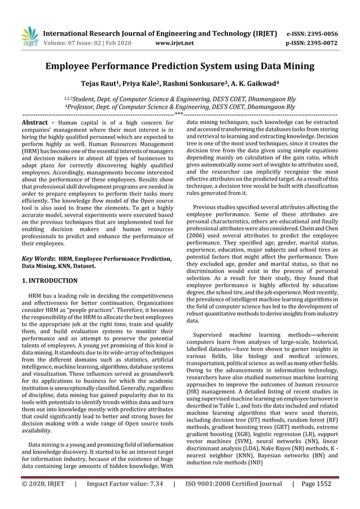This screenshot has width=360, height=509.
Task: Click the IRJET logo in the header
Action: (29, 36)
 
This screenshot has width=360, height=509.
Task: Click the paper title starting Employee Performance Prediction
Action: (180, 67)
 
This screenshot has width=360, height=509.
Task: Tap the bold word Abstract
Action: (34, 122)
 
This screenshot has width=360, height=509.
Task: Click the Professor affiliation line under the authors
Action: (179, 106)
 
